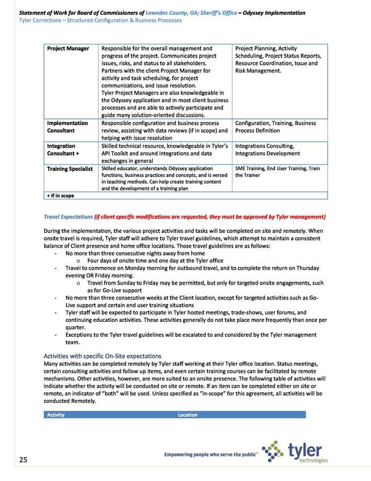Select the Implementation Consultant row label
tap(67, 127)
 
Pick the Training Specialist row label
tap(70, 168)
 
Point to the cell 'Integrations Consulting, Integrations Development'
tap(268, 150)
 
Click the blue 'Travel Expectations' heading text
tap(67, 217)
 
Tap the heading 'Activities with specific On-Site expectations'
tap(102, 356)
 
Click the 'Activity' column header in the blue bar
tap(56, 415)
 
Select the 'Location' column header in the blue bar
tap(187, 415)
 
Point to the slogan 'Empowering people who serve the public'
tap(210, 456)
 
